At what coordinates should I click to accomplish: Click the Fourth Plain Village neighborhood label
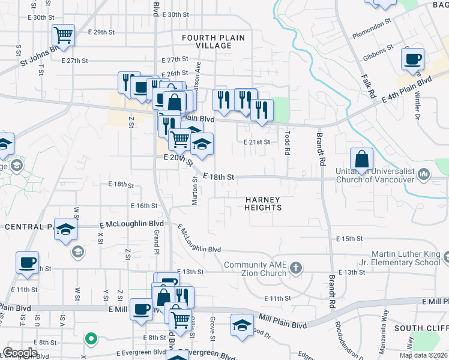click(213, 42)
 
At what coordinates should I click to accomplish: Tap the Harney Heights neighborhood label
click(263, 203)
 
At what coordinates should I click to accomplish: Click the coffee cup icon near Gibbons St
click(412, 59)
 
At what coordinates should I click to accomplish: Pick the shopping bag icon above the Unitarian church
click(361, 160)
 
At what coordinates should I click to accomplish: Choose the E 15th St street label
click(350, 238)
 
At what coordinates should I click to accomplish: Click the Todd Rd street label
click(288, 143)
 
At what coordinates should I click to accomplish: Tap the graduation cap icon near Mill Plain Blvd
click(242, 325)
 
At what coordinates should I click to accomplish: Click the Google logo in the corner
click(20, 353)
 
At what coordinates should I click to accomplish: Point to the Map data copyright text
click(423, 355)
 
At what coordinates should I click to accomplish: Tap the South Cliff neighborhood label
click(421, 328)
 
